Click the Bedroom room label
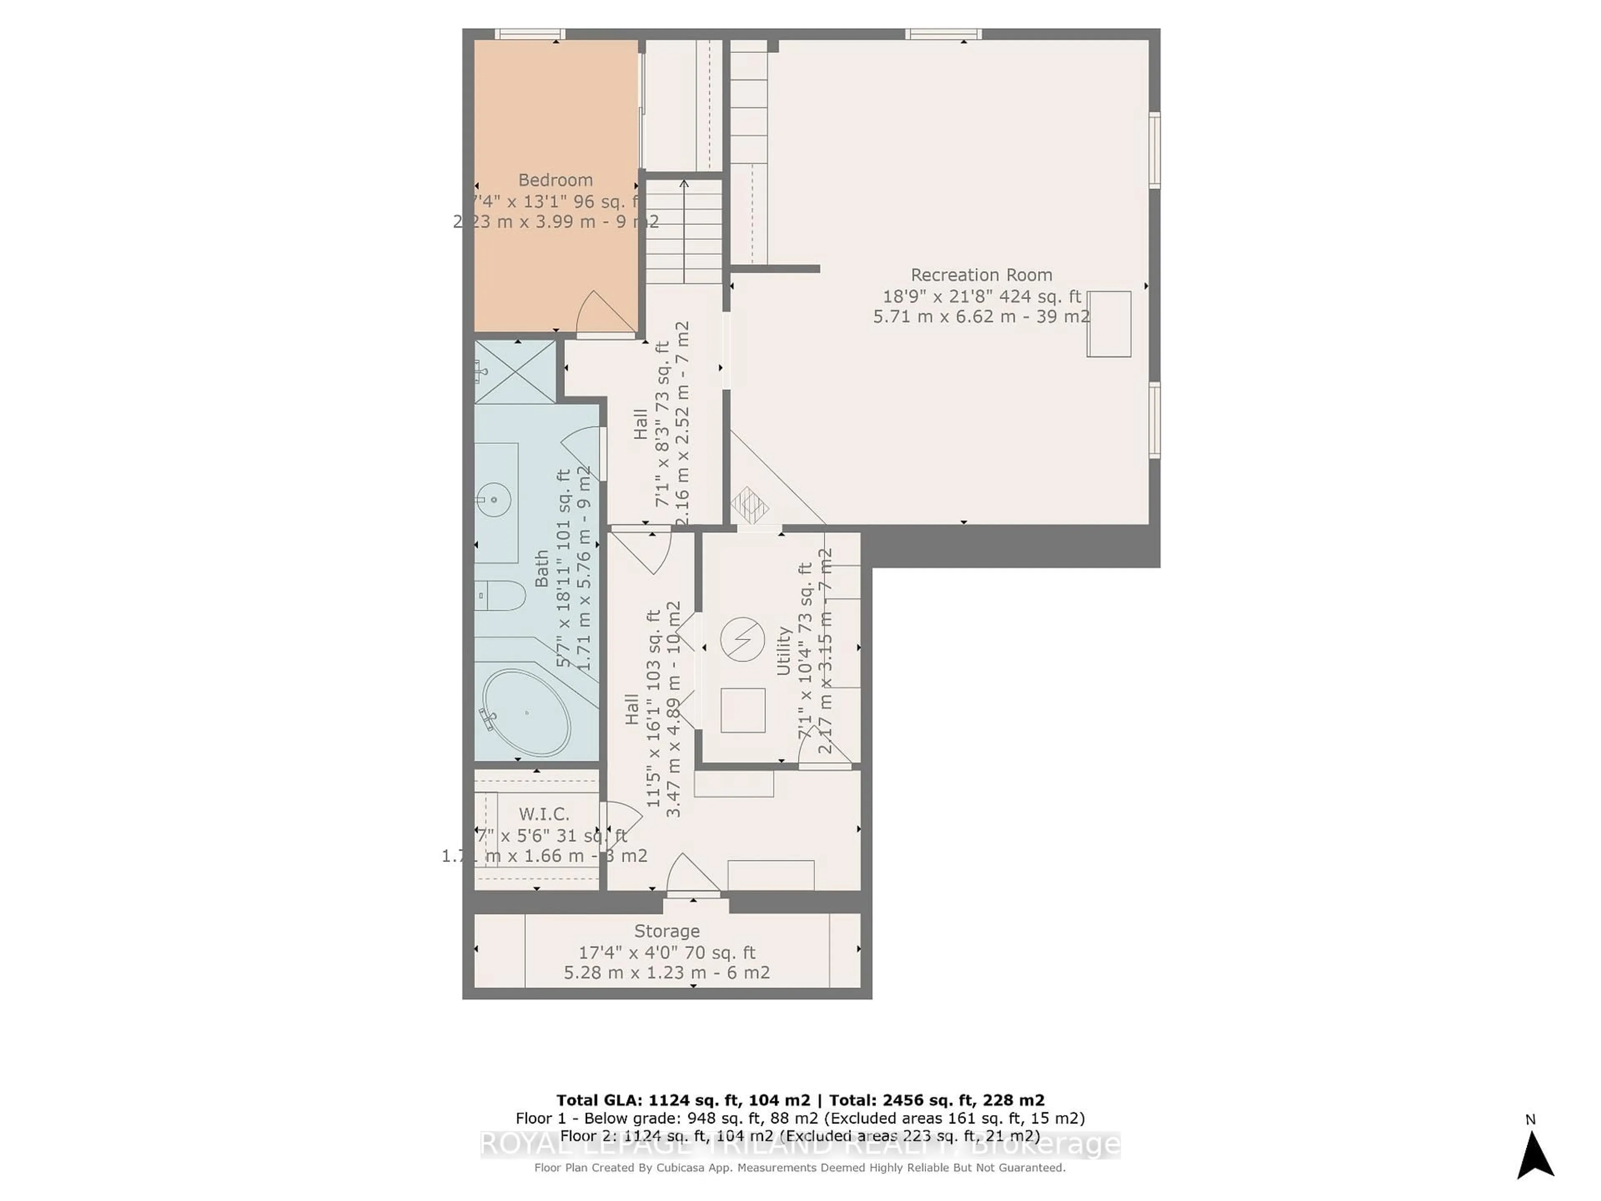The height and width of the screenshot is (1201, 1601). [x=555, y=180]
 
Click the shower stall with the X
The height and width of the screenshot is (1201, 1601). [x=514, y=372]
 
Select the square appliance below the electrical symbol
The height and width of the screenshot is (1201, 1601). [x=743, y=710]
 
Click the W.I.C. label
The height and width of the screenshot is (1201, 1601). [x=544, y=814]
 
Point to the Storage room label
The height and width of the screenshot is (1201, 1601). [x=667, y=931]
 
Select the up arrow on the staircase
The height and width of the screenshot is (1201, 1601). [x=684, y=185]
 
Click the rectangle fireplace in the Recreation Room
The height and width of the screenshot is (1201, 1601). [x=1109, y=324]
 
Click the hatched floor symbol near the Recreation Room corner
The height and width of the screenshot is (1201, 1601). [x=749, y=505]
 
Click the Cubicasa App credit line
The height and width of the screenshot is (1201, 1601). [x=800, y=1168]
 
